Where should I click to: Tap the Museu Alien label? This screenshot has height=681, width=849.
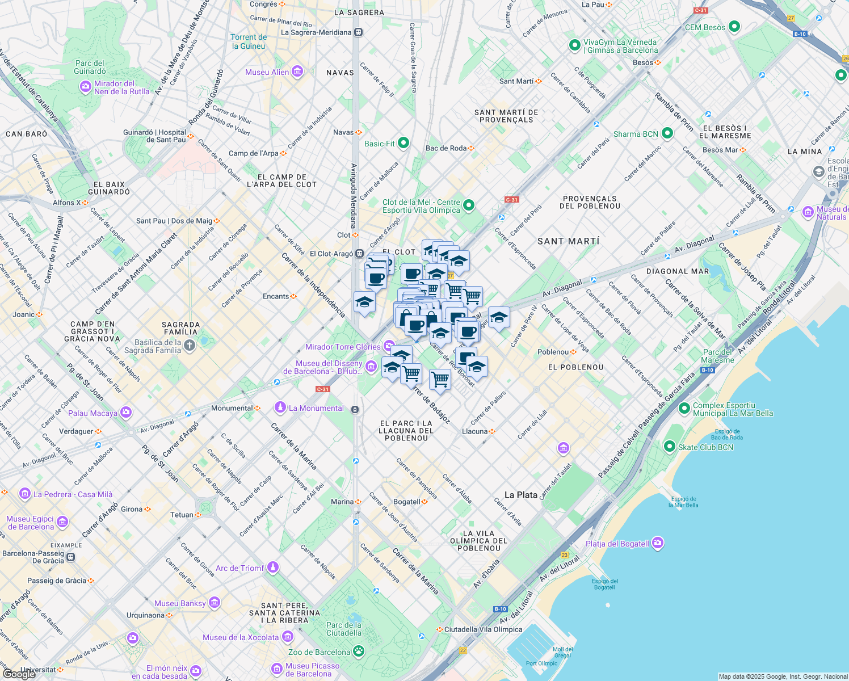coord(267,72)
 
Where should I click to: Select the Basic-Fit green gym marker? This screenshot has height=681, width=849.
coord(404,143)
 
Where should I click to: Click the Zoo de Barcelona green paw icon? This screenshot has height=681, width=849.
coord(359,651)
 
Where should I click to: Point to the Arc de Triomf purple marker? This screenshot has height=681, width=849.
coord(273,567)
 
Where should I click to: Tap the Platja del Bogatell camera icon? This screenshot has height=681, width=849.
coord(658,543)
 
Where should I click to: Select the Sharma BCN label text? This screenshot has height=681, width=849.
coord(636,134)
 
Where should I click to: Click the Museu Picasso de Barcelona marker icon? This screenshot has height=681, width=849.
coord(277,669)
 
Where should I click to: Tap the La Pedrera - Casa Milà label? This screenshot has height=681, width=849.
coord(73,494)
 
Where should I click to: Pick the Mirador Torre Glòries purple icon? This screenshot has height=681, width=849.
coord(389,346)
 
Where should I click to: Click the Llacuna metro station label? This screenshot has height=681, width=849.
coord(474,431)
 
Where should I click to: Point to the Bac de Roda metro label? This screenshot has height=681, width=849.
coord(446,148)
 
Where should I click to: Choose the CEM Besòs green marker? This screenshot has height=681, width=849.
coord(734,27)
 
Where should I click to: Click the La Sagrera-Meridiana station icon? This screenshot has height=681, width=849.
coord(358,32)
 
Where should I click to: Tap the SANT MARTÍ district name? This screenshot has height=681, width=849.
coord(568,241)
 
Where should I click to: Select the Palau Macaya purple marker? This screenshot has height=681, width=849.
coord(126,413)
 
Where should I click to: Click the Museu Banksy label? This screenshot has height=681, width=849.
coord(180,603)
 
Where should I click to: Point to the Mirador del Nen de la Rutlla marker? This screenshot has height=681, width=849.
coord(86,87)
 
